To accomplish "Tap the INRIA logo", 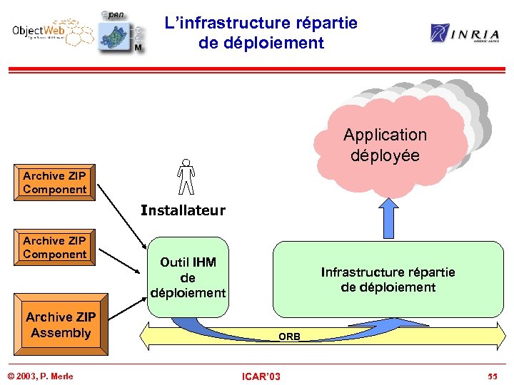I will (465, 33).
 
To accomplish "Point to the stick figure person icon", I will (186, 177).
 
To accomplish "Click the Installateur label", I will (183, 210).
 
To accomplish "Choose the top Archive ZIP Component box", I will (55, 183).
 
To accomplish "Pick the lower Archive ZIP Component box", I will (55, 247).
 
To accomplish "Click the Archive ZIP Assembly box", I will (61, 326).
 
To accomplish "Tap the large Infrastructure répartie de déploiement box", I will (388, 279).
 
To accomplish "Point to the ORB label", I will (289, 336).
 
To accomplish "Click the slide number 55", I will (493, 376).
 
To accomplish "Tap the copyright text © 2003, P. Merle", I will (40, 376).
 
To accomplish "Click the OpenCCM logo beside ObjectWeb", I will (120, 33).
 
